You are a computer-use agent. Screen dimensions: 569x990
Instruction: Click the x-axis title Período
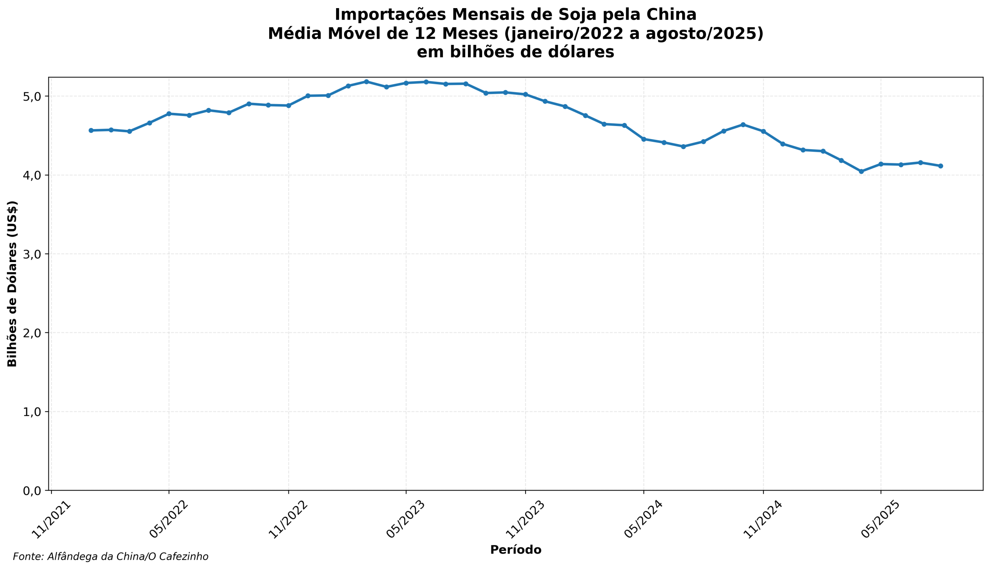pyautogui.click(x=515, y=550)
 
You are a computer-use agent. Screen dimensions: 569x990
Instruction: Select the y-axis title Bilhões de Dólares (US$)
pyautogui.click(x=12, y=284)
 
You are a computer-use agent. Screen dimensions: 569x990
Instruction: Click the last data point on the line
pyautogui.click(x=941, y=166)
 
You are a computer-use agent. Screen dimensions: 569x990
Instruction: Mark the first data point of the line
pyautogui.click(x=91, y=131)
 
